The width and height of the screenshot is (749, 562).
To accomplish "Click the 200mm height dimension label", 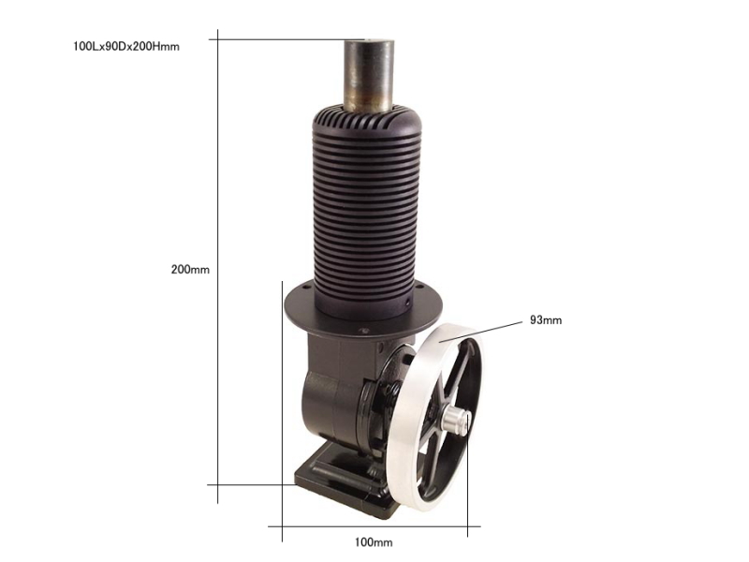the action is point(190,270).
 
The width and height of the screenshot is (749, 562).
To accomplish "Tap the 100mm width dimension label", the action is point(374,542).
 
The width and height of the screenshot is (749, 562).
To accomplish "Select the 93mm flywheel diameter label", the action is point(546,320).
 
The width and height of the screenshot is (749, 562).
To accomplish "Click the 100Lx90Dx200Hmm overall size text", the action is point(126,46).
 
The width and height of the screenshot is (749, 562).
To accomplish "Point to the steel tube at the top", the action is point(370,77).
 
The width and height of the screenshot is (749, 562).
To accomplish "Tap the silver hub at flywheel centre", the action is point(455,419).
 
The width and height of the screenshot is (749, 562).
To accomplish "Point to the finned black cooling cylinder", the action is point(367,215).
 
